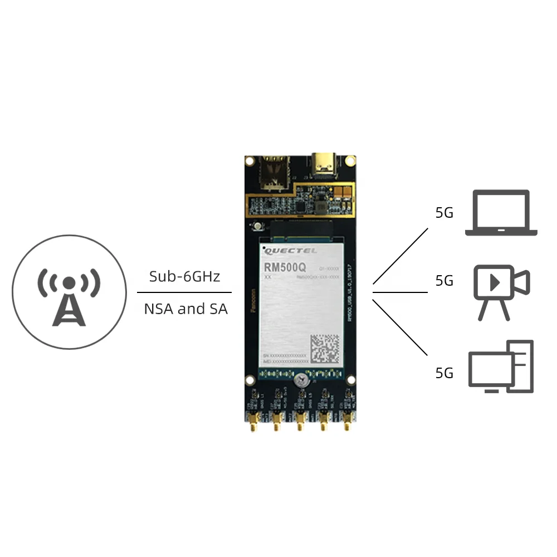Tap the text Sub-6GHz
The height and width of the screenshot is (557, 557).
coord(184,276)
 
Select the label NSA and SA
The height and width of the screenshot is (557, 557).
coord(185,309)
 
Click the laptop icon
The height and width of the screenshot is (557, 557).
coord(501,213)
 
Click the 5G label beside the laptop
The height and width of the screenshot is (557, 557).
coord(444,213)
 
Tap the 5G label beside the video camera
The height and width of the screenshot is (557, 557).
coord(444,281)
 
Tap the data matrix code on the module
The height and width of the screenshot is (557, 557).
coord(324,349)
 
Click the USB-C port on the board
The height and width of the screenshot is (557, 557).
coord(325,163)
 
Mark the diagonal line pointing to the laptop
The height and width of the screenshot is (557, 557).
coord(400,256)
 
